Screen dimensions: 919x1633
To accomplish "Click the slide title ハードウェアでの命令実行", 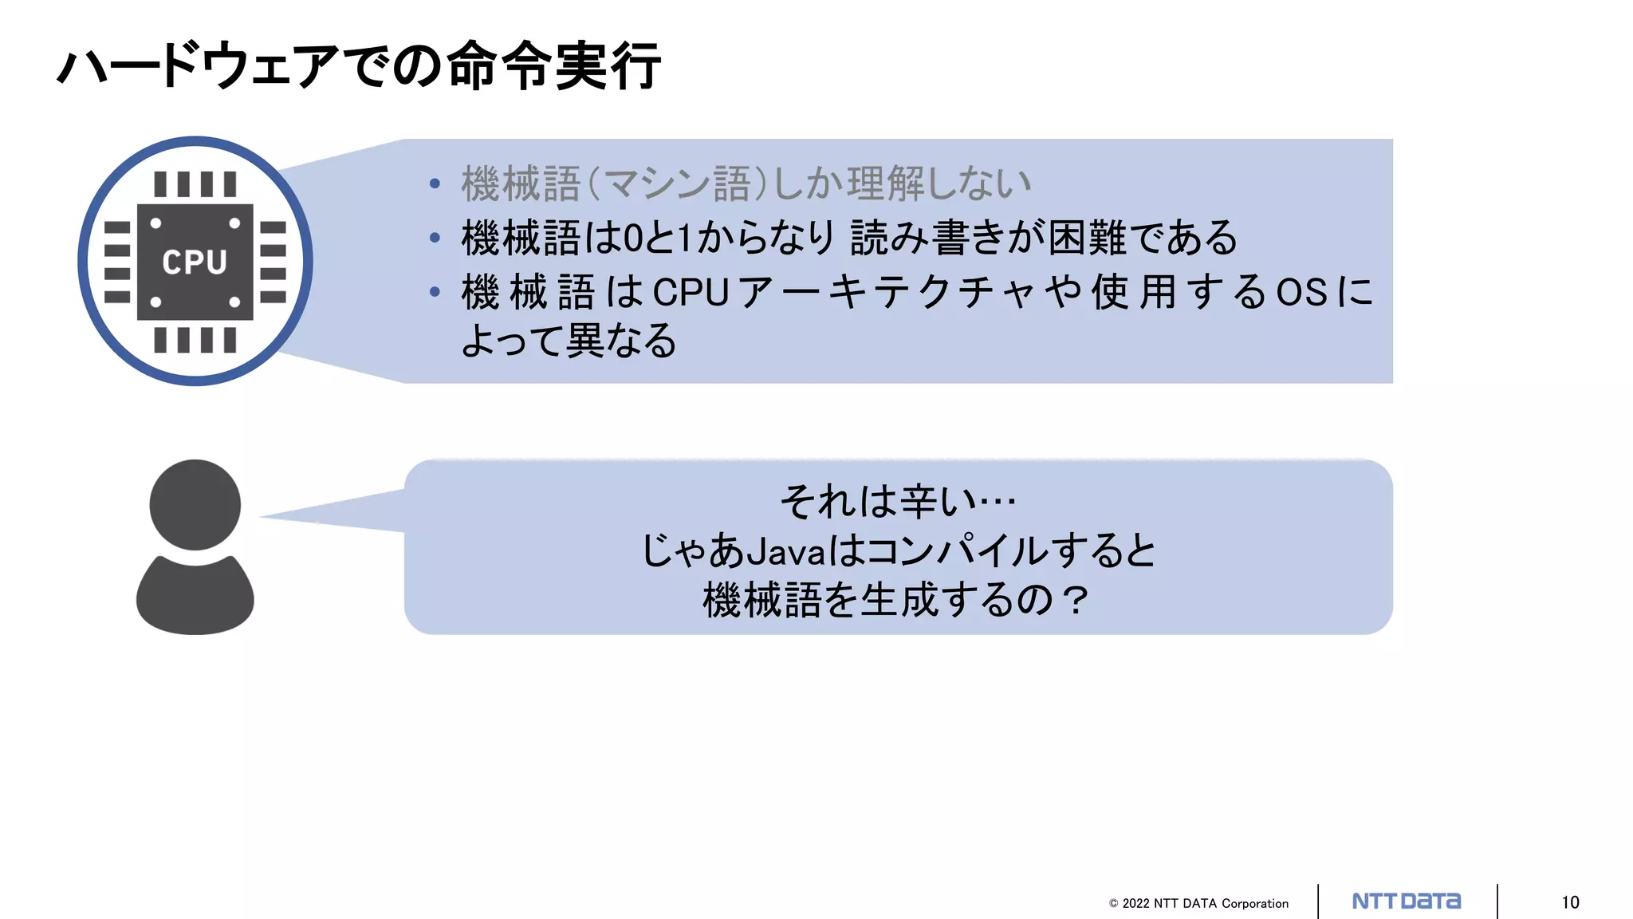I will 359,65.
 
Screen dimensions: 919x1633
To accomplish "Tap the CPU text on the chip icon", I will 195,262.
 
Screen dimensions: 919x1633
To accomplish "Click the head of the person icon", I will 195,504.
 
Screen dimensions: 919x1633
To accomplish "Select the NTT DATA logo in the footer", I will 1407,901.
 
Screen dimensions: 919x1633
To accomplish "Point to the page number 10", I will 1570,902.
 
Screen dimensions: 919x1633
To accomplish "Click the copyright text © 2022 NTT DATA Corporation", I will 1198,903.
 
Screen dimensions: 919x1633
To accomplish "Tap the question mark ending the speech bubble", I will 1076,601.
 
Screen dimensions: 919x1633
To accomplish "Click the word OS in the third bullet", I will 1301,292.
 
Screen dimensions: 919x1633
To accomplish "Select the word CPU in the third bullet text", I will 691,292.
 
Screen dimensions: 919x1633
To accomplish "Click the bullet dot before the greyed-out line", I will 435,184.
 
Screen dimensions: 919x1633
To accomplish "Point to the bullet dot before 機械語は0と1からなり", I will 435,238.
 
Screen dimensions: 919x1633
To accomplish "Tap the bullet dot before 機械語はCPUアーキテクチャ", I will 435,292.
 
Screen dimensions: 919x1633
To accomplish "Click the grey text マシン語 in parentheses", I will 678,183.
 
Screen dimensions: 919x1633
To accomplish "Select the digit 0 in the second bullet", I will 632,238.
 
